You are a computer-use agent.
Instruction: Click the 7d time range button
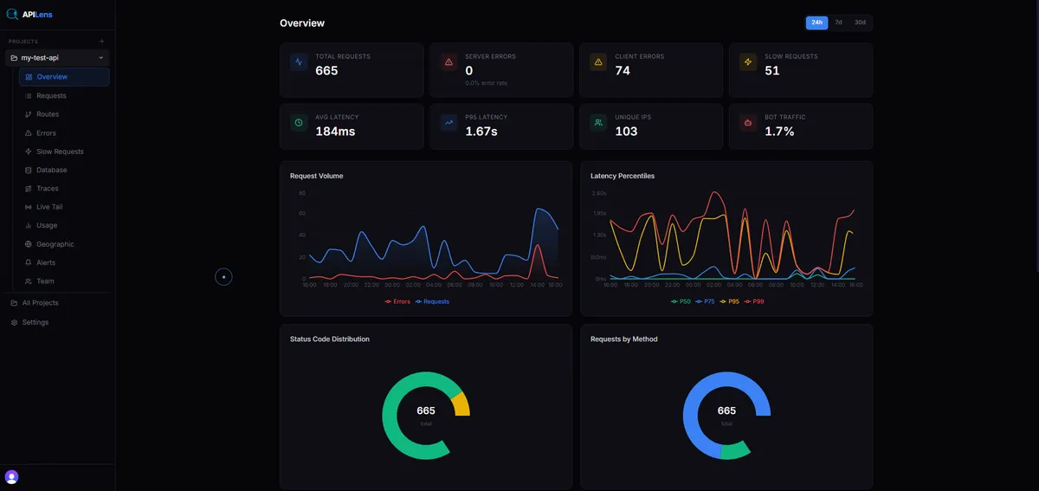tap(838, 23)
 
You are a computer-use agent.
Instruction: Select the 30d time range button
tap(860, 23)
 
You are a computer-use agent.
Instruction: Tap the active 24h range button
tap(816, 23)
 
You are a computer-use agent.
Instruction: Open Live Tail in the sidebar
tap(49, 207)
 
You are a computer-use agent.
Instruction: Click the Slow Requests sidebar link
tap(60, 152)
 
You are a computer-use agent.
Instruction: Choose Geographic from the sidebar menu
tap(55, 244)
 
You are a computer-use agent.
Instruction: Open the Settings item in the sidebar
tap(35, 322)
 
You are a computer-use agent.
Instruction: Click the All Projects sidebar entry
tap(40, 303)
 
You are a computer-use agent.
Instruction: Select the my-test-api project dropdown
tap(57, 58)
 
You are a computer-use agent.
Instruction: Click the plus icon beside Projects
tap(101, 42)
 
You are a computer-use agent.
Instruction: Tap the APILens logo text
tap(37, 14)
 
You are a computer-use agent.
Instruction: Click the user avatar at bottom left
tap(11, 476)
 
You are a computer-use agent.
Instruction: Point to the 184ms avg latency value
tap(335, 132)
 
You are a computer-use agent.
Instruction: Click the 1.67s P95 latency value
tap(481, 132)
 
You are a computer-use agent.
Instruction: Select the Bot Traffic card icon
tap(747, 123)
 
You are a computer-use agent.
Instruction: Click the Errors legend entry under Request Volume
tap(397, 301)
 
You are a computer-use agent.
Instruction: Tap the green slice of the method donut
tap(734, 449)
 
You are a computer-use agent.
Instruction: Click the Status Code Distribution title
tap(330, 339)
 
